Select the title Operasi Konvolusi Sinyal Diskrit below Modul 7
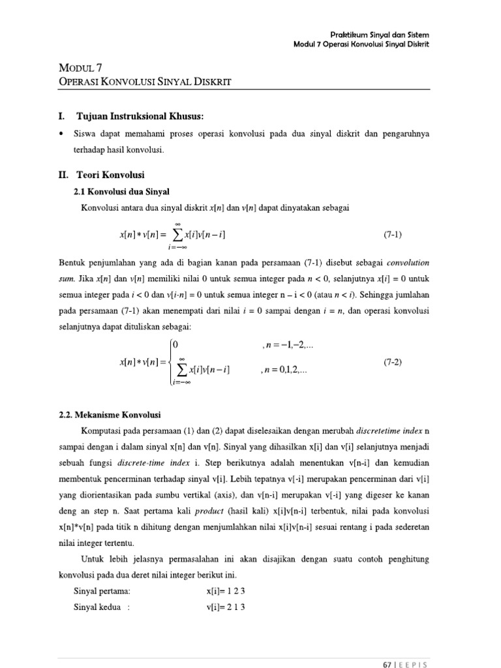coord(145,81)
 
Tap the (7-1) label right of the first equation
coord(393,234)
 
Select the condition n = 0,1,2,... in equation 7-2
coord(284,370)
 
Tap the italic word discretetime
coord(378,431)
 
